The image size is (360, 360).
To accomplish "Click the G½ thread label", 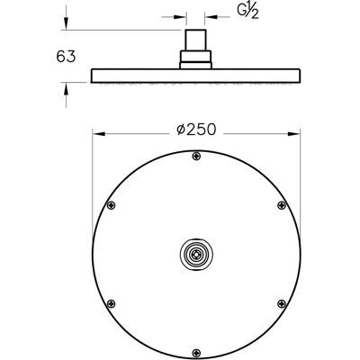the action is pyautogui.click(x=247, y=13).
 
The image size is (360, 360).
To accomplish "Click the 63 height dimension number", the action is pyautogui.click(x=66, y=57).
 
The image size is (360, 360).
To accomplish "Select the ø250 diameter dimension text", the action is pyautogui.click(x=196, y=130).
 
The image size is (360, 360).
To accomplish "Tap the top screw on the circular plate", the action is pyautogui.click(x=196, y=156).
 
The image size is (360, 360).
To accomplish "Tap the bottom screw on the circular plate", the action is pyautogui.click(x=196, y=352).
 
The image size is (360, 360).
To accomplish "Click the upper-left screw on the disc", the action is pyautogui.click(x=112, y=205).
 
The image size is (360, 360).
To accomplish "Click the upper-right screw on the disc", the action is pyautogui.click(x=282, y=205).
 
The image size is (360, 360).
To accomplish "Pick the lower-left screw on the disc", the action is pyautogui.click(x=112, y=303).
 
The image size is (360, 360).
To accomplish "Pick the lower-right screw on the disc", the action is pyautogui.click(x=282, y=303).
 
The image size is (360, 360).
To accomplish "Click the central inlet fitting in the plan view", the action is pyautogui.click(x=196, y=254).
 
